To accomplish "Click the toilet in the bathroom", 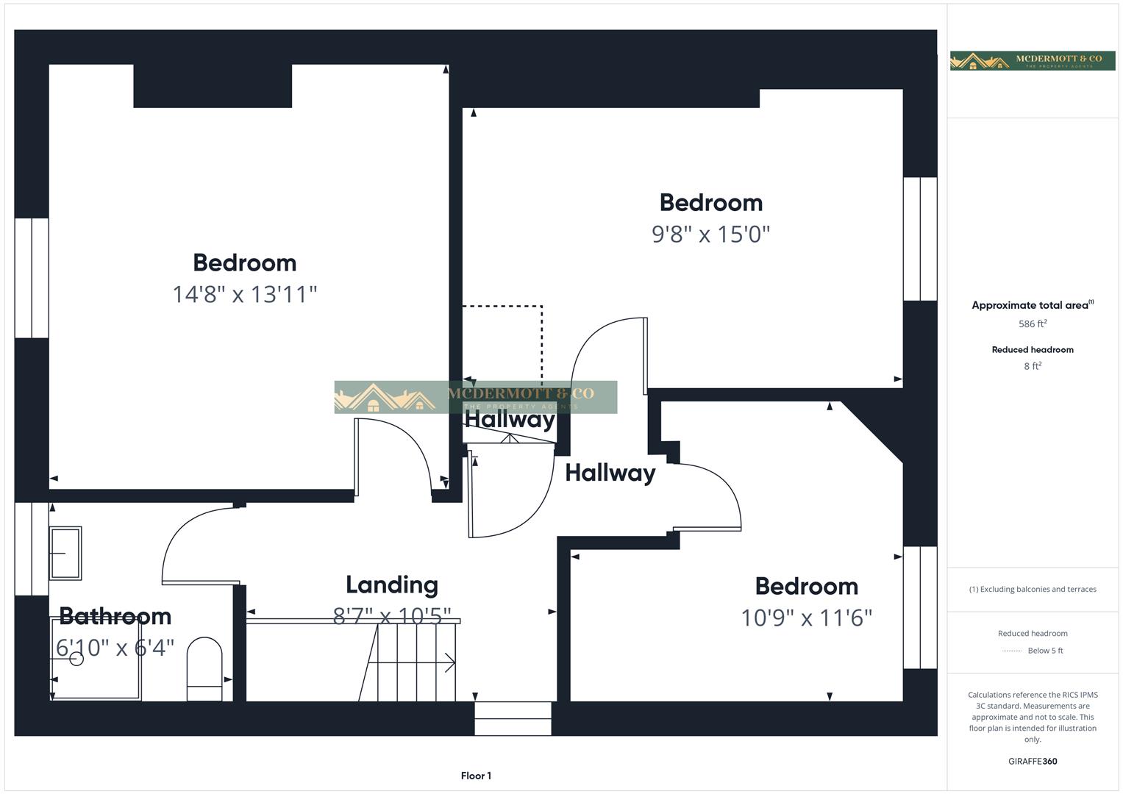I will click(x=204, y=668).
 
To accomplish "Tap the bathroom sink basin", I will click(x=65, y=553).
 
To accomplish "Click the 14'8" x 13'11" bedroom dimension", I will click(x=245, y=295).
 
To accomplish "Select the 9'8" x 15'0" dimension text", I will click(x=710, y=235).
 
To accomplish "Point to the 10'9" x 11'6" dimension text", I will click(x=806, y=618).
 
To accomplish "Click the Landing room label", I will click(x=392, y=585).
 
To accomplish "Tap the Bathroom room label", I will click(x=115, y=616).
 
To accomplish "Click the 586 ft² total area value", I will click(x=1033, y=324).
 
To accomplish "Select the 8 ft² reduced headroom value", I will click(x=1033, y=366).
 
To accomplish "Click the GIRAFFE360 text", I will click(x=1033, y=762).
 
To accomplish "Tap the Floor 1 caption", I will click(x=476, y=776).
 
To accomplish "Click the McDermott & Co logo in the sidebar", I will click(x=1033, y=61).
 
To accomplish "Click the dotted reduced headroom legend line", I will click(x=1012, y=651).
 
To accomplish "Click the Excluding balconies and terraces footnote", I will click(x=1033, y=590).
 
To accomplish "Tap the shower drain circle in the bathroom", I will click(x=76, y=659).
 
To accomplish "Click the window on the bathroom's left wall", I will click(x=32, y=548).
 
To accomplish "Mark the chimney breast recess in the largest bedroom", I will click(x=213, y=86).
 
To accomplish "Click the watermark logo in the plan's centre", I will click(x=475, y=397).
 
